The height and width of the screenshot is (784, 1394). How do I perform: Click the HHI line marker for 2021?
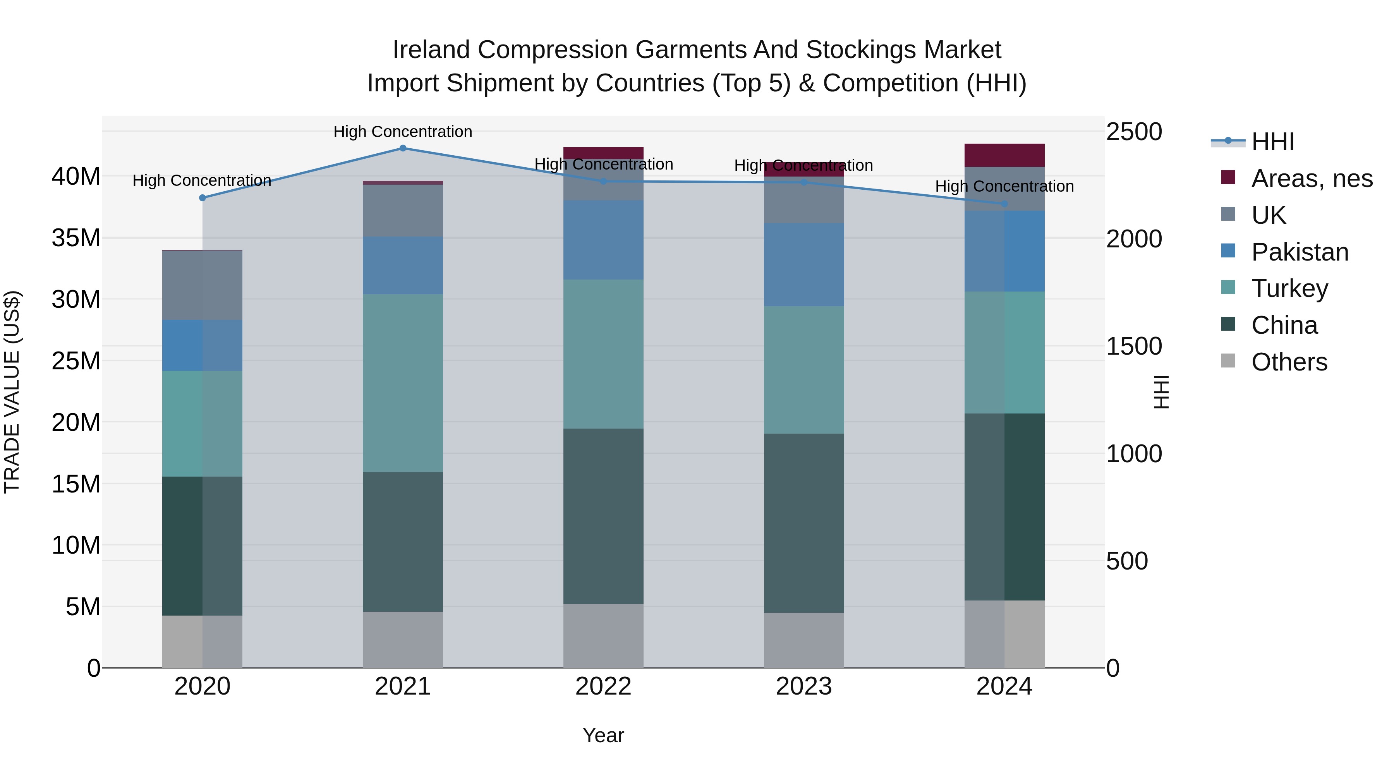click(403, 148)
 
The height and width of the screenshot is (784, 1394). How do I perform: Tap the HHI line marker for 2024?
click(1004, 203)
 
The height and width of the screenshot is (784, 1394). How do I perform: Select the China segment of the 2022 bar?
click(603, 516)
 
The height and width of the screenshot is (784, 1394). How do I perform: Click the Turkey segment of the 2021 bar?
click(403, 383)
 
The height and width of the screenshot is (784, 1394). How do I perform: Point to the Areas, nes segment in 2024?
click(1004, 155)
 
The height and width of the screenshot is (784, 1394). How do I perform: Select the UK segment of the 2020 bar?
click(203, 285)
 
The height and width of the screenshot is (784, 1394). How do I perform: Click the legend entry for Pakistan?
click(1299, 252)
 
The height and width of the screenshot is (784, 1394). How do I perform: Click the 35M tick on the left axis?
click(76, 238)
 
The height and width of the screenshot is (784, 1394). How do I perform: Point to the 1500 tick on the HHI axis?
click(1134, 346)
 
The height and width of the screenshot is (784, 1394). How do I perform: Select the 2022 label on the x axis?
click(603, 686)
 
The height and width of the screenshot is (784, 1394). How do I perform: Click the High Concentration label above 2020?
click(202, 180)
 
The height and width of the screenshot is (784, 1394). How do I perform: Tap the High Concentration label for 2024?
click(1004, 186)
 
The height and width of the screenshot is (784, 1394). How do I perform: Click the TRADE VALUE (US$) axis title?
click(12, 392)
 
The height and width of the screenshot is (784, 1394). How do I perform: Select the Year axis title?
click(603, 735)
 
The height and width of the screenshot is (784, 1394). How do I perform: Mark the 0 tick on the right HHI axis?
click(1113, 669)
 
